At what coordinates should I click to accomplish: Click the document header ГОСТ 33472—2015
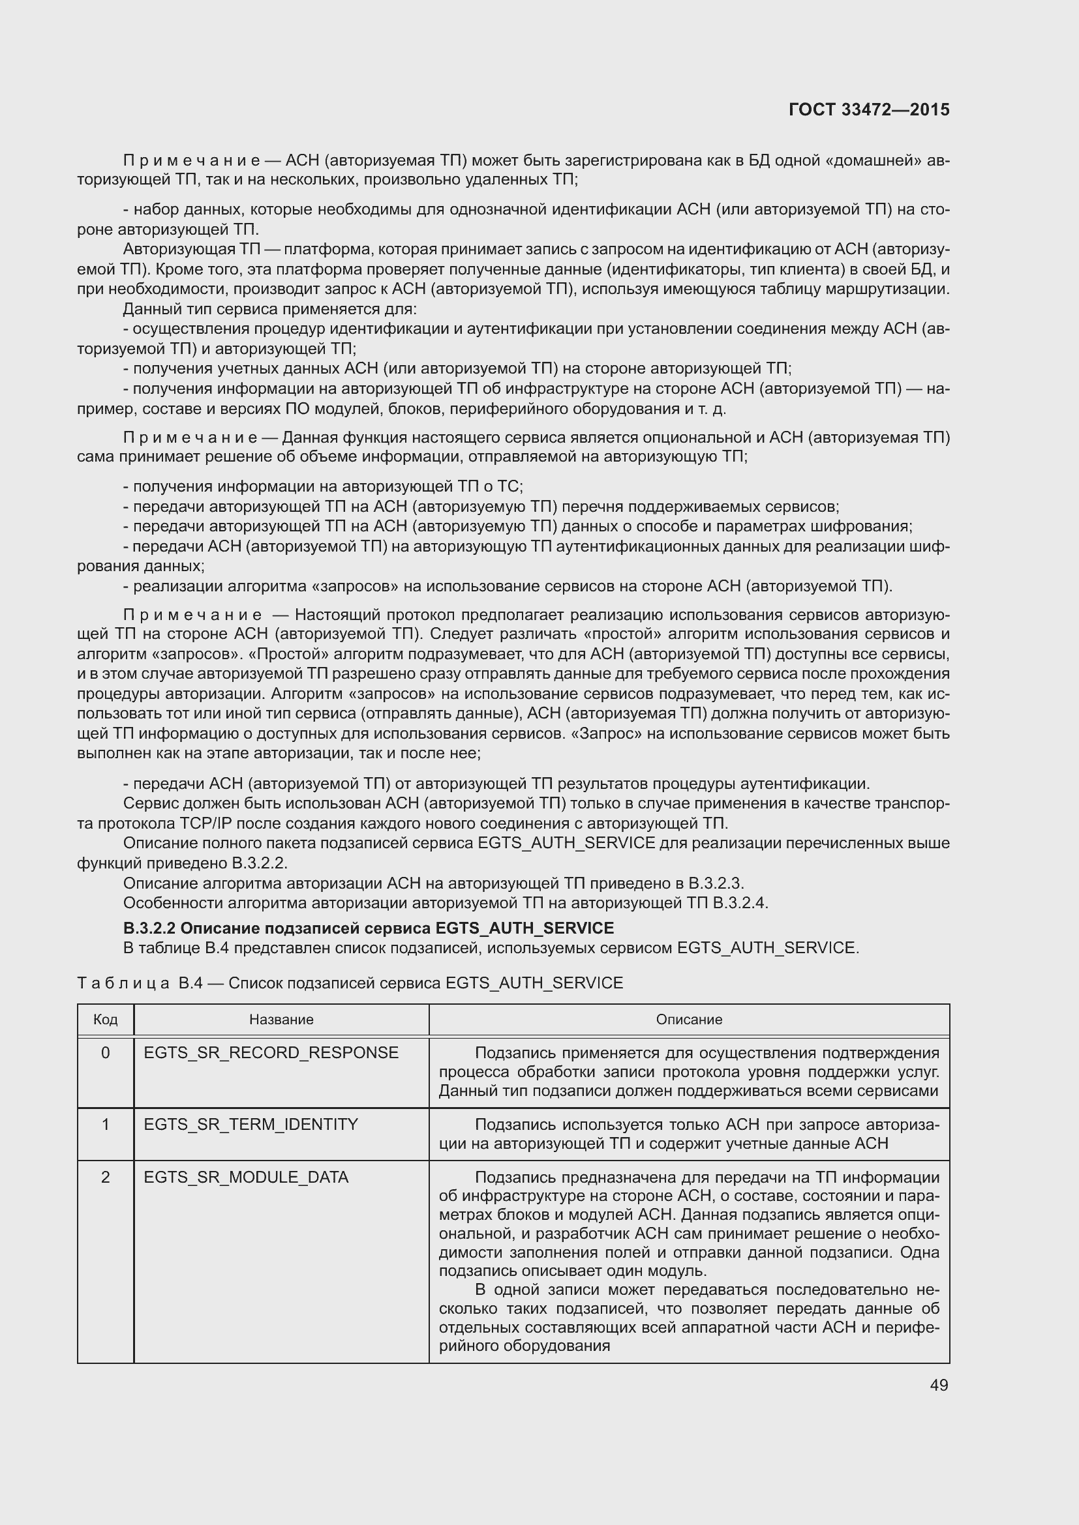869,110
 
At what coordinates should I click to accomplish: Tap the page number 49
939,1385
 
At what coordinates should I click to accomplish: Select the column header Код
105,1020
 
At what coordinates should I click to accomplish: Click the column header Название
281,1020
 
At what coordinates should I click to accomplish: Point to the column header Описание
689,1020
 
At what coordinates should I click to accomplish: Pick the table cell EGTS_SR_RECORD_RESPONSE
271,1053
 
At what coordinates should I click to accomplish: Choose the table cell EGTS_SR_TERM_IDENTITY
251,1125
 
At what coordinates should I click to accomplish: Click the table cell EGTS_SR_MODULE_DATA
246,1177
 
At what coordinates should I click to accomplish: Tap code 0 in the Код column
105,1053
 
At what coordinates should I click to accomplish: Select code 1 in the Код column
105,1125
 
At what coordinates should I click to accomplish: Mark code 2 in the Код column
105,1177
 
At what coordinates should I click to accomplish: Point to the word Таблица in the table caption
123,983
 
